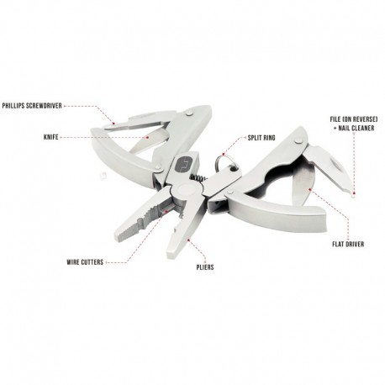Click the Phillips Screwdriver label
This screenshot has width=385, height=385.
point(32,106)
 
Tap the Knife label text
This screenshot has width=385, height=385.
point(51,137)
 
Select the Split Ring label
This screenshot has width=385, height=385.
point(261,138)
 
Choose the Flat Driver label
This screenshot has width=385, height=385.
point(348,244)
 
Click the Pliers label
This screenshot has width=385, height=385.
point(205,267)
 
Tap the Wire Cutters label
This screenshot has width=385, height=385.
point(85,262)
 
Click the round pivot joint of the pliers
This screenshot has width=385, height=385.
point(187,192)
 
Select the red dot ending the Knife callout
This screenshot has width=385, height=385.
point(148,137)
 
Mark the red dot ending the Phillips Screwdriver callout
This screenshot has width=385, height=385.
point(113,124)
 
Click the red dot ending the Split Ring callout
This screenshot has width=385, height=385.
point(224,154)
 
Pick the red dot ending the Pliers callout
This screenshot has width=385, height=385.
point(188,240)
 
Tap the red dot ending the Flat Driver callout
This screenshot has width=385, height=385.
point(310,190)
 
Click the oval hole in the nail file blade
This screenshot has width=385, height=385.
point(336,166)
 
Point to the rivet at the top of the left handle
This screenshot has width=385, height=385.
point(190,113)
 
